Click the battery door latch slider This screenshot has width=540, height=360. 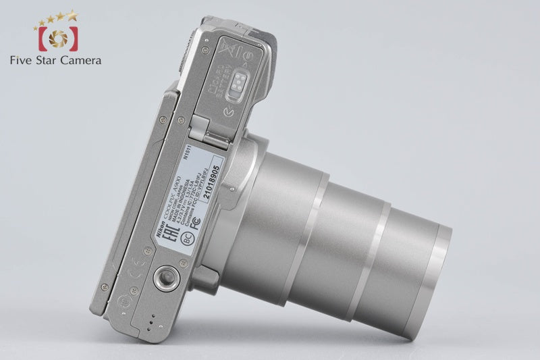[x=236, y=84]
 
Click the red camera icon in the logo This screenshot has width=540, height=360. [x=57, y=39]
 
